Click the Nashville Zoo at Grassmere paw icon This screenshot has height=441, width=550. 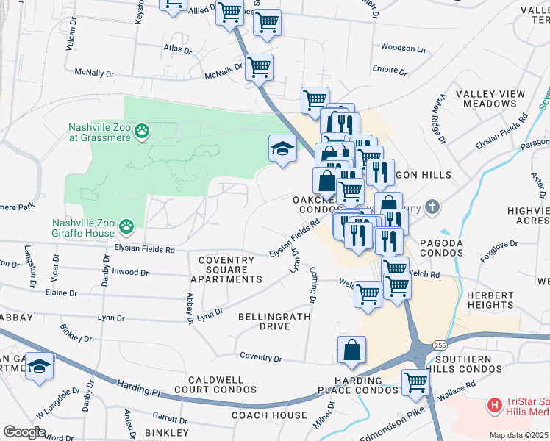coord(142,132)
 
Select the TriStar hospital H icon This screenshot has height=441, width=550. coord(496,404)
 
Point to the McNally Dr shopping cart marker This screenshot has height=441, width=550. coord(259,67)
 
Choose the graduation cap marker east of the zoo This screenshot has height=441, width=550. coord(282,149)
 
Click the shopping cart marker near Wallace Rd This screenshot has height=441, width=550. coord(415,383)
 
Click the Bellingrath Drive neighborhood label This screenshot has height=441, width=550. coord(274,321)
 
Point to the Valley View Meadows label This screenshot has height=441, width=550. coord(490,98)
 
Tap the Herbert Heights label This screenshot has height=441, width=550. coord(490,300)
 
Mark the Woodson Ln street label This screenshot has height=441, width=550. coord(403,49)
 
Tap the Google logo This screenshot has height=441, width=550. coord(24,432)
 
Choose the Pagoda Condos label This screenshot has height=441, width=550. coord(441,248)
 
